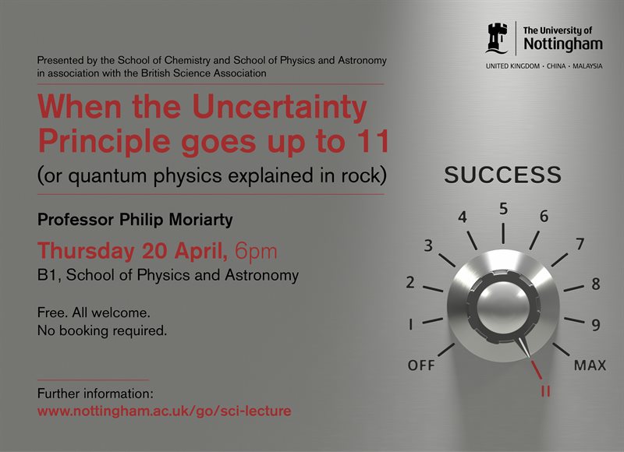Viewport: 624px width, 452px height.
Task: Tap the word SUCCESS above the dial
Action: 502,175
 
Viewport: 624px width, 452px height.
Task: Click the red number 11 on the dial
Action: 545,390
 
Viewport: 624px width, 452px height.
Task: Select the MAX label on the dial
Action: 590,365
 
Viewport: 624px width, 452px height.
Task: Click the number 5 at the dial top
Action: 504,209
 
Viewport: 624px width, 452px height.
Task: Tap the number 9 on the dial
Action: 595,325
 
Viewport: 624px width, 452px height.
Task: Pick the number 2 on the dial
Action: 410,283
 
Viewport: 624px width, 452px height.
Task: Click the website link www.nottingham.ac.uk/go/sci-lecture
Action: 164,411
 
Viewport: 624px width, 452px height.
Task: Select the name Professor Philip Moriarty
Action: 135,220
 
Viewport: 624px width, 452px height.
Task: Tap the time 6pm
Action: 256,251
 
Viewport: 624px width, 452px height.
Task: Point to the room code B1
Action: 46,275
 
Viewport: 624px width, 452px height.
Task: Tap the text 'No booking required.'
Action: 102,330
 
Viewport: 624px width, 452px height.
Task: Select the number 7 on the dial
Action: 580,245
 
